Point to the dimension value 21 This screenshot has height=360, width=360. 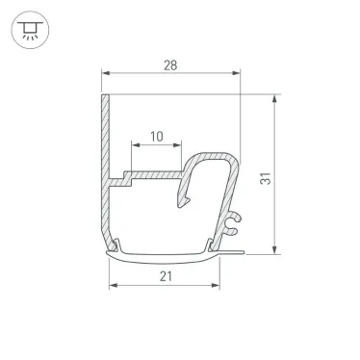(x=166, y=276)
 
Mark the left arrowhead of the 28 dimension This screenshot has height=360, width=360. (x=106, y=74)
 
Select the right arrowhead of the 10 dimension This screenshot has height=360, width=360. (x=178, y=146)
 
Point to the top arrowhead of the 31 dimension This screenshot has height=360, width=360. (x=278, y=99)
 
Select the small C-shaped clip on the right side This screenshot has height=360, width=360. (x=232, y=224)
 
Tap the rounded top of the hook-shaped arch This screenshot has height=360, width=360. (x=217, y=155)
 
